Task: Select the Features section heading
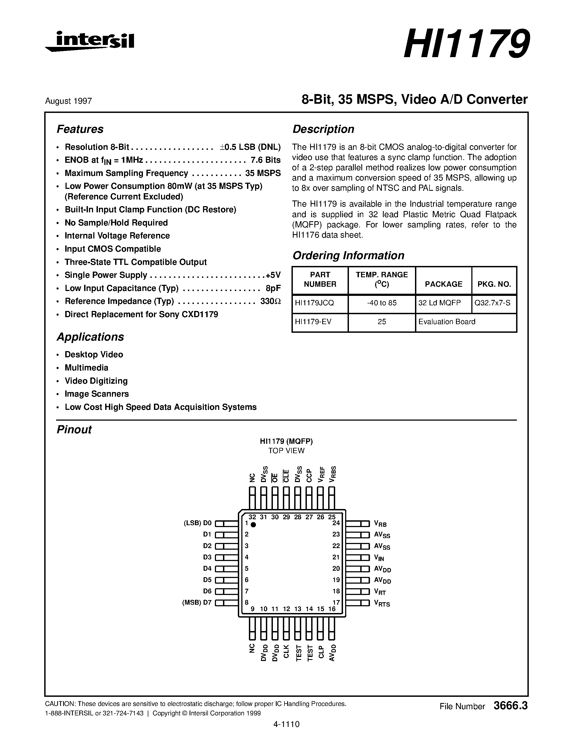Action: coord(80,129)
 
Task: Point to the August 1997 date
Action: coord(68,101)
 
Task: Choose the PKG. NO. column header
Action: coord(494,284)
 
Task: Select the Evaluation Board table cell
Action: coord(447,322)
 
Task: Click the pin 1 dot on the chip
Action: coord(253,525)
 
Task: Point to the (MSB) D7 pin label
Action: coord(197,603)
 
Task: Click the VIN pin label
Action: coord(379,558)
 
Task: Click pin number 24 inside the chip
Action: coord(336,523)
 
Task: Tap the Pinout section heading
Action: coord(74,430)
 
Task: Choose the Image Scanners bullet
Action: coord(97,394)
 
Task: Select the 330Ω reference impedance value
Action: coord(270,301)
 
